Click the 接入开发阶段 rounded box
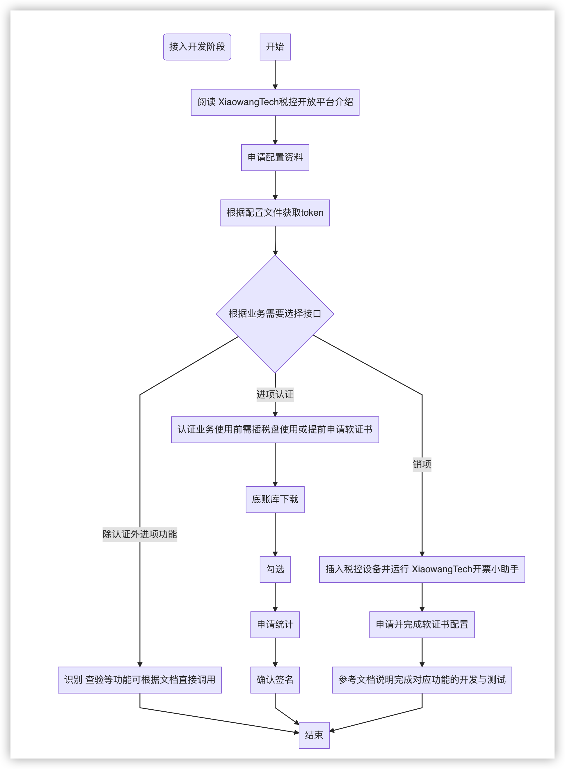tap(197, 47)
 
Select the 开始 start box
tap(275, 47)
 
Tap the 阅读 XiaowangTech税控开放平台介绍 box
tap(275, 102)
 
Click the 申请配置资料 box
tap(275, 157)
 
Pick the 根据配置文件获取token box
tap(275, 213)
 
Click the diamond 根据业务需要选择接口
tap(275, 314)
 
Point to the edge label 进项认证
tap(275, 394)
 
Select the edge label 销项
tap(422, 464)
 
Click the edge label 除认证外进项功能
tap(140, 534)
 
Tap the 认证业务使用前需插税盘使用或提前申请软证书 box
tap(275, 430)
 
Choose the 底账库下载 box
tap(275, 499)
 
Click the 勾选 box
tap(275, 569)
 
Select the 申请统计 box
tap(275, 625)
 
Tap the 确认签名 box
tap(275, 680)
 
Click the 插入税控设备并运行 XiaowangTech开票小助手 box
tap(422, 569)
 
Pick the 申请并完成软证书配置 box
tap(422, 625)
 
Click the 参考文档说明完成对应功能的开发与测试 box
tap(422, 680)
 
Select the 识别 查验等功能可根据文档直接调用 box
tap(140, 680)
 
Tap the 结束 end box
tap(314, 735)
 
